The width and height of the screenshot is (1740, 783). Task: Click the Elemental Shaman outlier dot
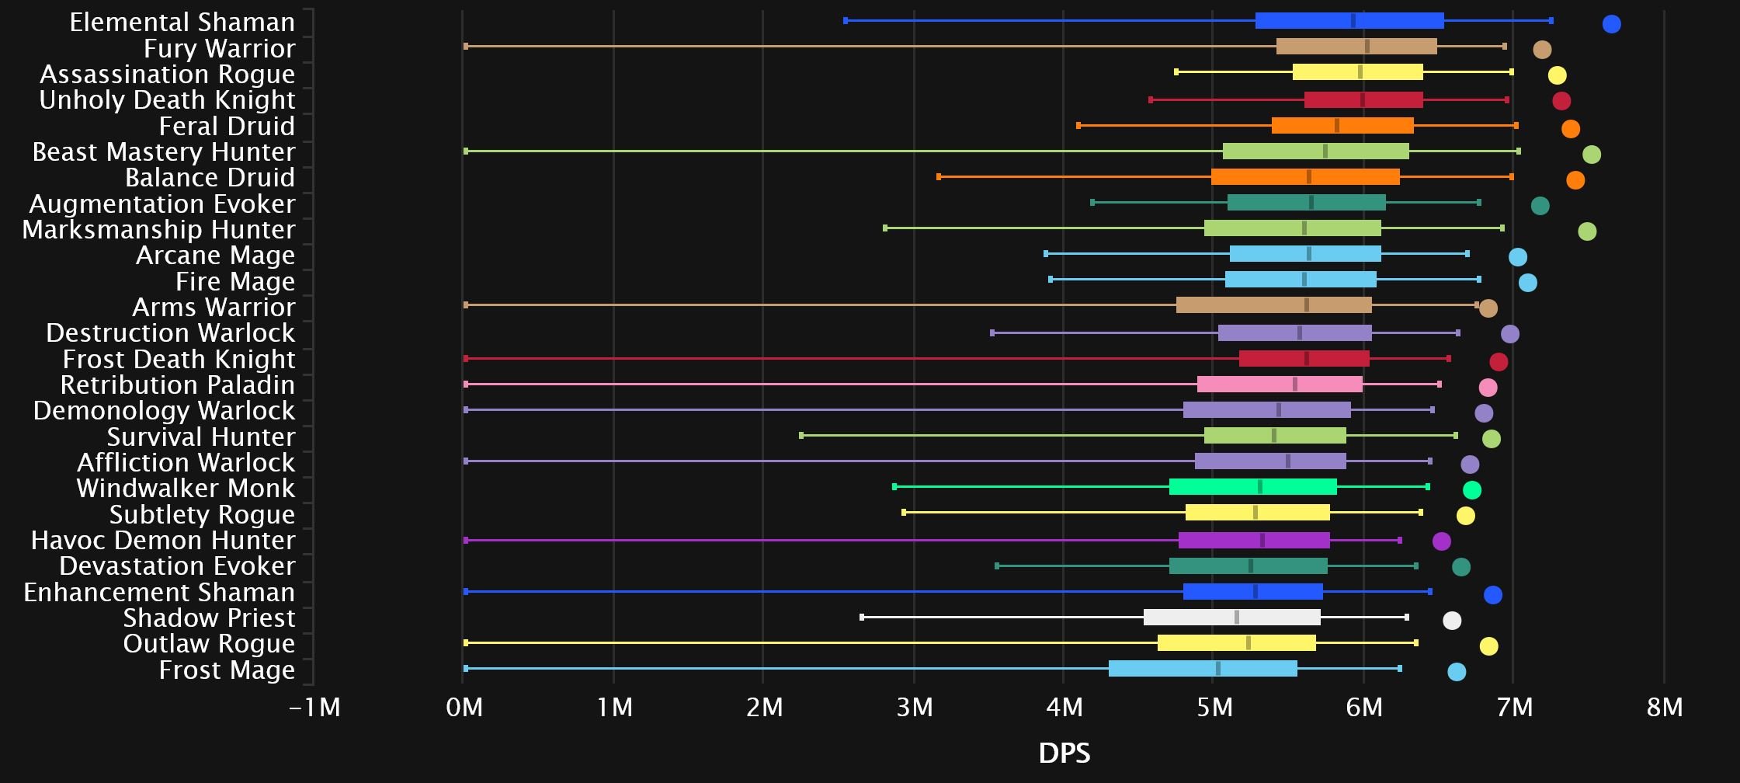click(1611, 24)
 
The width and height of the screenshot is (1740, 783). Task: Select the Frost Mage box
click(1203, 669)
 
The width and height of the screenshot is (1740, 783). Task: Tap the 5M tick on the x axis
click(1214, 708)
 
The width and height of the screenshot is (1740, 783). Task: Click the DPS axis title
click(1064, 753)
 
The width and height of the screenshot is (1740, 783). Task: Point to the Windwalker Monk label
click(186, 489)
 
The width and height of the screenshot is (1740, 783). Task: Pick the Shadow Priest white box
click(1231, 618)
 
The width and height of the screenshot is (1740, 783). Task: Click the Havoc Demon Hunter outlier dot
click(1441, 541)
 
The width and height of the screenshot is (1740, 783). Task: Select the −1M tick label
click(314, 708)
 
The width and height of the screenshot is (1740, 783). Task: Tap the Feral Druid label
click(227, 126)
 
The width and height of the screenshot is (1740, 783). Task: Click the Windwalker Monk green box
click(1252, 487)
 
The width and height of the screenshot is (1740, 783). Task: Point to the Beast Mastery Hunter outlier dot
click(1591, 155)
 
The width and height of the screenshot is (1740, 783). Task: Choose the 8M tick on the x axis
click(1665, 708)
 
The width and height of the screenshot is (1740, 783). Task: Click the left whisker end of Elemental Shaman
click(846, 21)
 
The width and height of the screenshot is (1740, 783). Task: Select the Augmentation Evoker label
click(162, 204)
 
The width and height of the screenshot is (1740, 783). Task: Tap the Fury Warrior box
click(1356, 47)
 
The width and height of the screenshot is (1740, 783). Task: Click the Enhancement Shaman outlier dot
click(1492, 595)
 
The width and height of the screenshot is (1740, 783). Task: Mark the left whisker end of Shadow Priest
click(862, 618)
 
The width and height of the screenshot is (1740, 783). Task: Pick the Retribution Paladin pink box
click(1280, 385)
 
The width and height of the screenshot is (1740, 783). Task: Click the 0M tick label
click(464, 708)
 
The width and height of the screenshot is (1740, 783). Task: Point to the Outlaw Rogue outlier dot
click(1488, 646)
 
